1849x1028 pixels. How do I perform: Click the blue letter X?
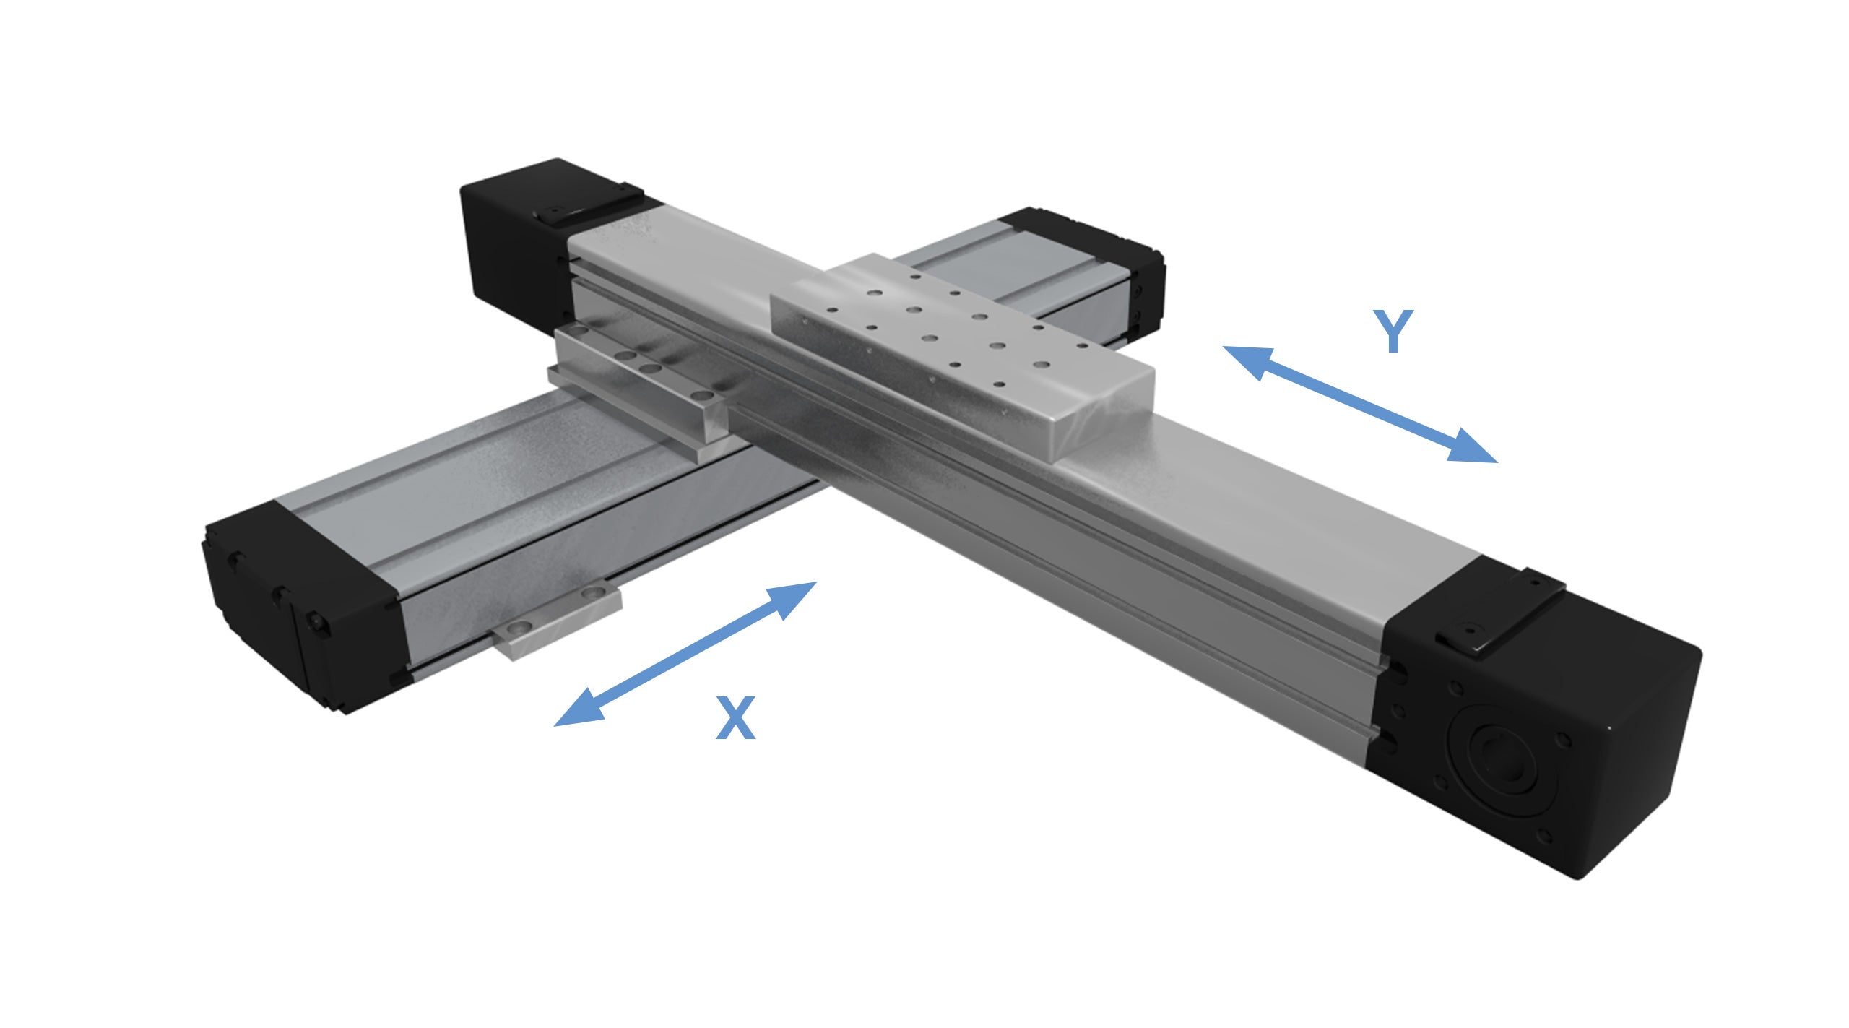(x=735, y=718)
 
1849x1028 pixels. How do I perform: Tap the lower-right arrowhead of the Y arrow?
(x=1473, y=448)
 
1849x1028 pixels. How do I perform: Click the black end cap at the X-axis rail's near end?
(x=303, y=607)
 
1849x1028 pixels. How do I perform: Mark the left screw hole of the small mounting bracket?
(x=515, y=629)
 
